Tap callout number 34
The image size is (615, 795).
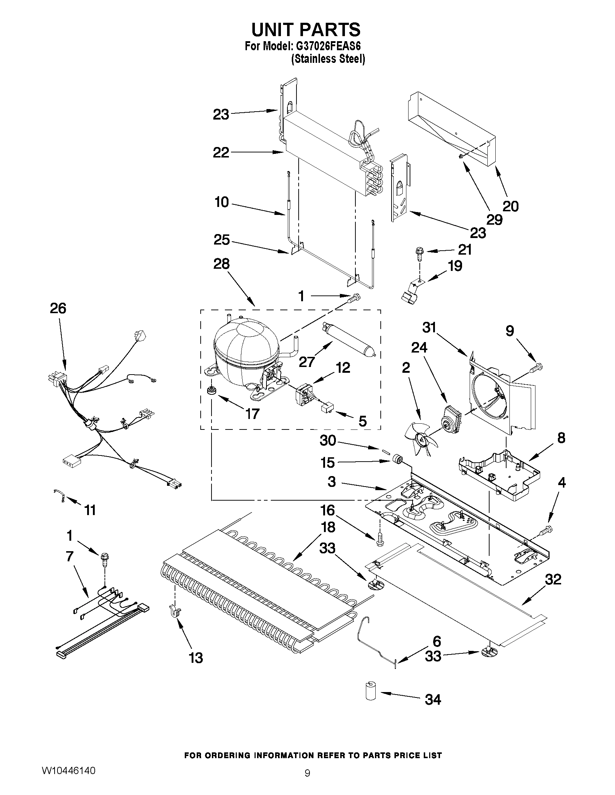tap(433, 700)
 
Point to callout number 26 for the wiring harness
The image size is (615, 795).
tap(58, 309)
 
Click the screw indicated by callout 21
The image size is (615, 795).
tap(419, 254)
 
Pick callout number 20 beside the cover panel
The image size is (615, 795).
tap(510, 206)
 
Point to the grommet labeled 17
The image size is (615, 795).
tap(210, 391)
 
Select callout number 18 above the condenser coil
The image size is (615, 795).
tap(328, 527)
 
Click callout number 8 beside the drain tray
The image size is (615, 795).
tap(561, 438)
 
